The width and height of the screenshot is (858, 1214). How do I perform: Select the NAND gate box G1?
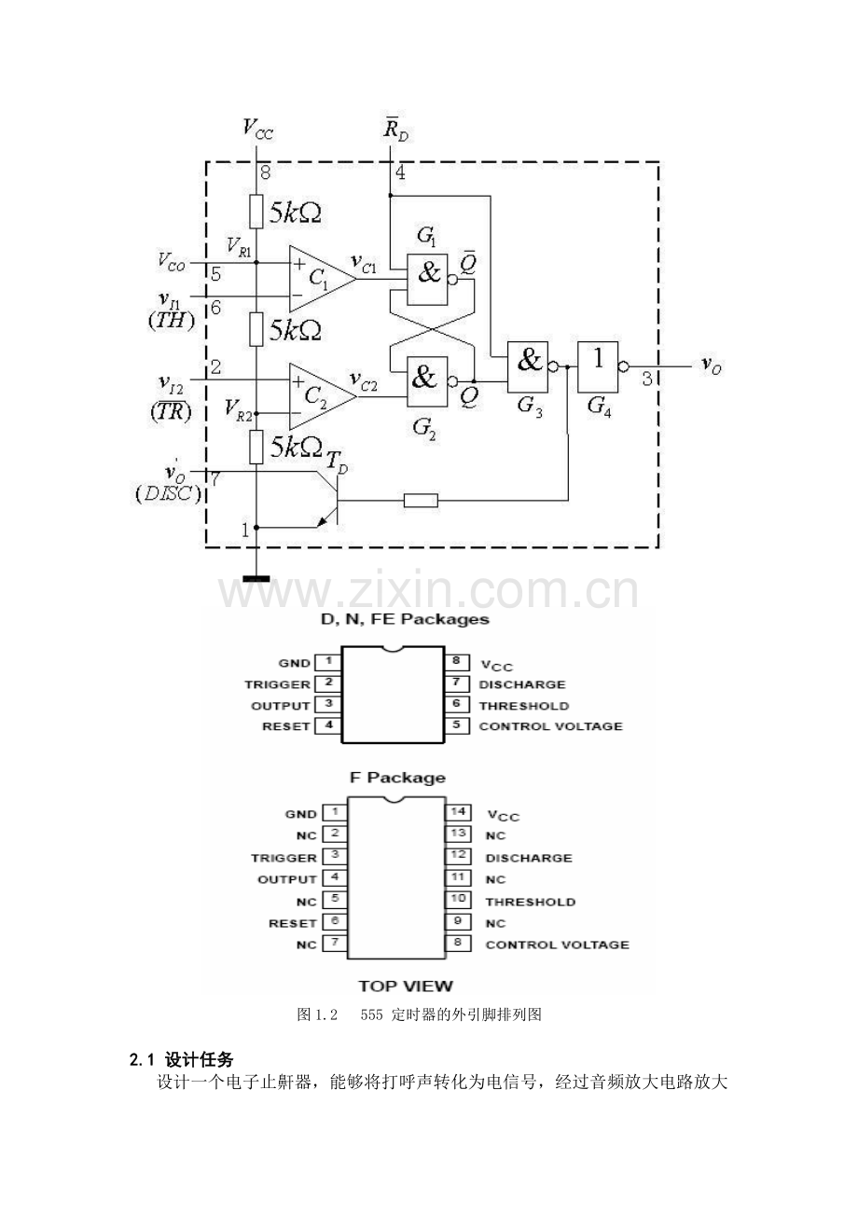point(428,279)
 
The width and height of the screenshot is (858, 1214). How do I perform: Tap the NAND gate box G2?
point(428,381)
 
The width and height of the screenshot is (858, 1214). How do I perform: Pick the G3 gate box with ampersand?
point(527,367)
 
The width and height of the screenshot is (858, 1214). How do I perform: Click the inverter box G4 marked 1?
point(598,367)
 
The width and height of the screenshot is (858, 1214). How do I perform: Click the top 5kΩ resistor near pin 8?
point(256,212)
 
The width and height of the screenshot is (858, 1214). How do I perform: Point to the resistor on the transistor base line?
point(422,500)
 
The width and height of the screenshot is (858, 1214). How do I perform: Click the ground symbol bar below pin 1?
point(256,578)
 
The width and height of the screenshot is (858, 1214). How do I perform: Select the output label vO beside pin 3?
point(712,365)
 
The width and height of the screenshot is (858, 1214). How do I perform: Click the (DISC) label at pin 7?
point(168,494)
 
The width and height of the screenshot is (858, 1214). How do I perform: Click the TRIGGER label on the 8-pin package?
point(277,684)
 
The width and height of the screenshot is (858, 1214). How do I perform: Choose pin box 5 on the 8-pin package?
point(456,725)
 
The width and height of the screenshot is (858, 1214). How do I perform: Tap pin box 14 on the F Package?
point(458,812)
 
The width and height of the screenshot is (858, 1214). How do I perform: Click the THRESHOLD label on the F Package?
point(530,902)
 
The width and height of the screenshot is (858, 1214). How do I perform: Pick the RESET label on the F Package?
point(293,923)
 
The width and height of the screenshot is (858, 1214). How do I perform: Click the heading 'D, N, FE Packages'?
point(405,619)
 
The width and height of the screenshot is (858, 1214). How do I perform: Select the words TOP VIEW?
point(406,986)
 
